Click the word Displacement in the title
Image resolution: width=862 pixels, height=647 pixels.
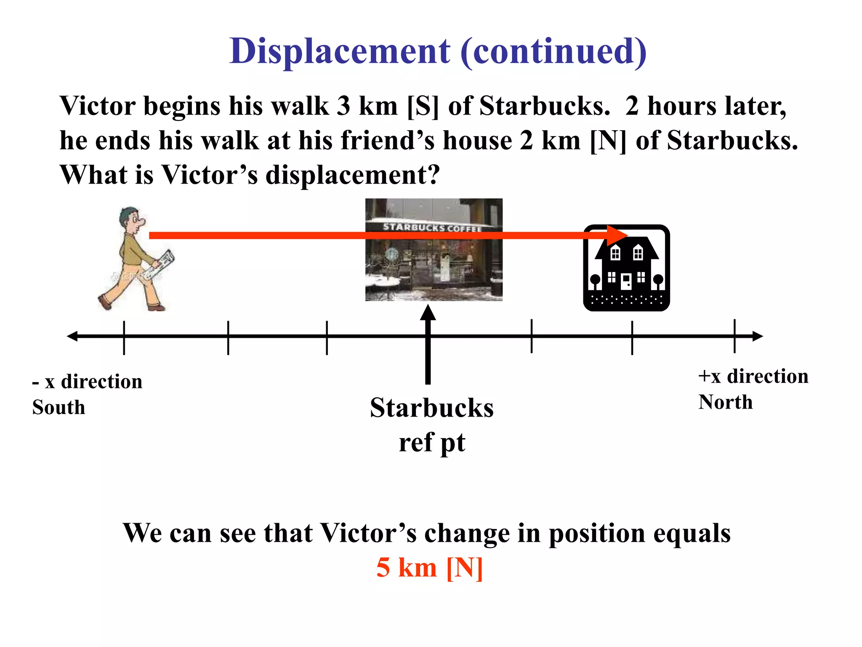[x=339, y=51]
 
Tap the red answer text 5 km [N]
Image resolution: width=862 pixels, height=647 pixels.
[x=429, y=567]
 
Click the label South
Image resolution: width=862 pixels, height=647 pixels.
[x=59, y=407]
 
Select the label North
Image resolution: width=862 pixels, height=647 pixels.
[x=725, y=402]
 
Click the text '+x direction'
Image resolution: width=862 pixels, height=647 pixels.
[x=753, y=376]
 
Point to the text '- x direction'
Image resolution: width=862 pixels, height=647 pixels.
[x=87, y=382]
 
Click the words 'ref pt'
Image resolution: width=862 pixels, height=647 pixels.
[x=432, y=443]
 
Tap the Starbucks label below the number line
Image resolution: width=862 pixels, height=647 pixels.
[x=432, y=408]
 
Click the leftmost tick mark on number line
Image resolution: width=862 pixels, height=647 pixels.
[x=124, y=337]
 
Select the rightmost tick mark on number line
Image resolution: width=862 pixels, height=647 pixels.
[x=734, y=336]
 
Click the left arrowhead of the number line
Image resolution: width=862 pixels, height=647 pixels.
[x=72, y=336]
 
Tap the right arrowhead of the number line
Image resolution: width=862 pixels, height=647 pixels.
[x=757, y=336]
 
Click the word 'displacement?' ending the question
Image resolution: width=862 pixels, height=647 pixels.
[x=353, y=175]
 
